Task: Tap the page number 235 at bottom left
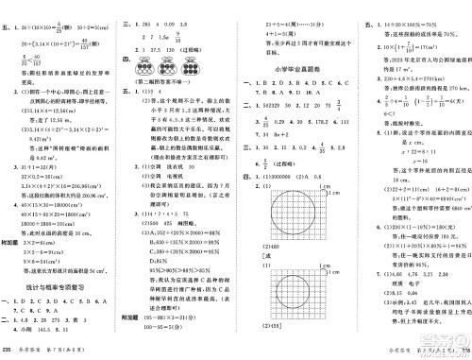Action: tap(8, 351)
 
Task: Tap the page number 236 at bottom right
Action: tap(464, 351)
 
